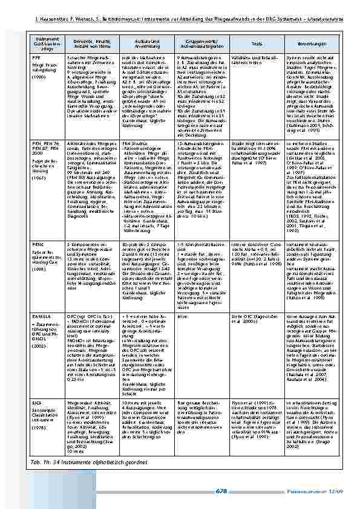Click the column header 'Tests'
(257, 44)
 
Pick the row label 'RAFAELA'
(41, 316)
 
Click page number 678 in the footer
(221, 491)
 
